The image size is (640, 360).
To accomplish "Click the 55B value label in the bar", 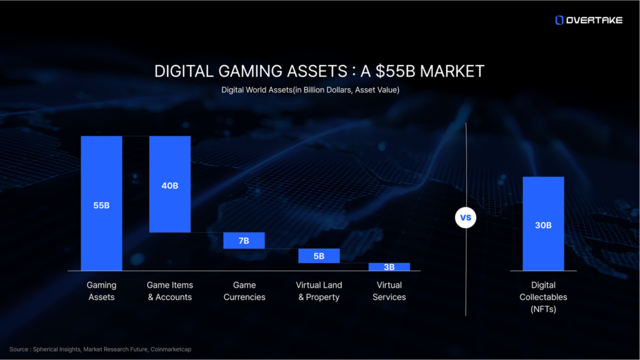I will coord(101,205).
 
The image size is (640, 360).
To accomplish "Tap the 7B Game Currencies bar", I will coord(244,241).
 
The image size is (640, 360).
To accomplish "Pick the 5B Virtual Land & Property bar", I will coord(319,256).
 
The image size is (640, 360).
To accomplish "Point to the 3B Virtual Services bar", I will coord(389,267).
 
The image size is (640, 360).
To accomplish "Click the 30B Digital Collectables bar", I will coord(543,223).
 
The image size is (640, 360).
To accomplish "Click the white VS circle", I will coord(466,218).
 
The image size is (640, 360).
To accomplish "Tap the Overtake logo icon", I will coord(559,20).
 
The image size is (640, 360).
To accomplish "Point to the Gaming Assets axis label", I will coord(101,291).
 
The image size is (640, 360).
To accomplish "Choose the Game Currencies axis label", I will coord(244,291).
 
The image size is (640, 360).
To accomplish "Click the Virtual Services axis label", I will coord(389,291).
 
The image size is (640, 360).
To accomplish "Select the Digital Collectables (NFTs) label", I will coord(543,296).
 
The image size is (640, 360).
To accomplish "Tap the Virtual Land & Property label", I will coord(319,291).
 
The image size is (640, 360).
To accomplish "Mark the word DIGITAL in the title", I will coord(181,71).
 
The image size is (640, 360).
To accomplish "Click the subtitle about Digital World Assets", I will coord(310,90).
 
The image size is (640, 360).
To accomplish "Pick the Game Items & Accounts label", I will coord(169,291).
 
